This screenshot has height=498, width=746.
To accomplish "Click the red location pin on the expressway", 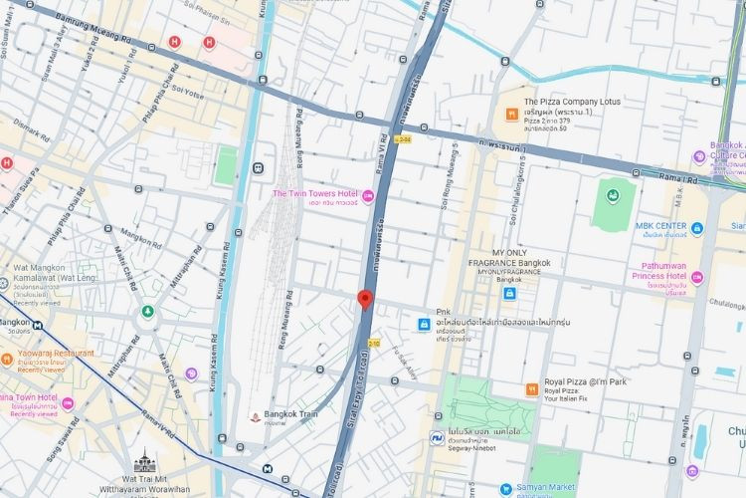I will (365, 299).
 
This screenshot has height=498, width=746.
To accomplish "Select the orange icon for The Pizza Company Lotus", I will (509, 114).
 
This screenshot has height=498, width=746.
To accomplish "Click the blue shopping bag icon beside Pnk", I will (423, 324).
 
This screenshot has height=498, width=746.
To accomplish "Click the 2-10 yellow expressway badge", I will (375, 344).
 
